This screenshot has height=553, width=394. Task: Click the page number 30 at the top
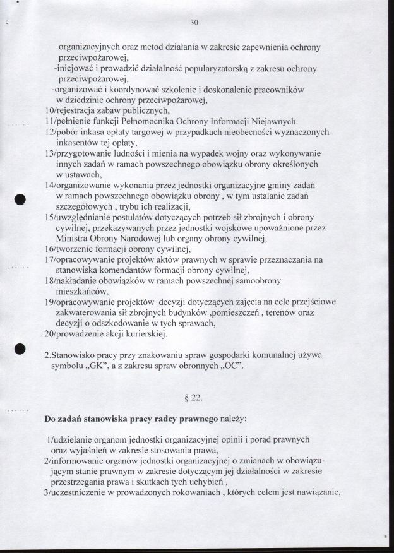coord(194,23)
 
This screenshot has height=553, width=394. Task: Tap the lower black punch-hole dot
coord(20,348)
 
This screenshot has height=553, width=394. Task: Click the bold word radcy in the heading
coord(165,419)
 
